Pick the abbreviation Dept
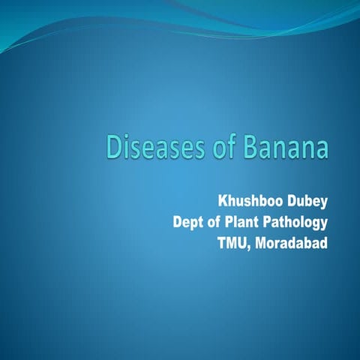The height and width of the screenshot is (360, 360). tap(187, 222)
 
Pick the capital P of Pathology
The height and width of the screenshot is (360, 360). tap(271, 222)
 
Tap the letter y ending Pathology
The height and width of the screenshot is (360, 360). tap(325, 224)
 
